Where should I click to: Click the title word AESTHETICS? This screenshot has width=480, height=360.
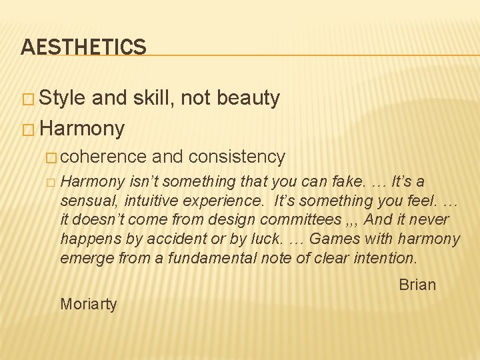click(x=83, y=46)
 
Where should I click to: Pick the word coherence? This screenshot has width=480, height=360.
click(x=103, y=157)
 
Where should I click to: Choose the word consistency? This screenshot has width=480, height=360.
click(x=237, y=157)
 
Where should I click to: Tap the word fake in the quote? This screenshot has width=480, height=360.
click(x=357, y=182)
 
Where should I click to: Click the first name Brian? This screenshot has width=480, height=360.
click(x=417, y=285)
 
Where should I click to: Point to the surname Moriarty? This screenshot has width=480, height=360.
click(x=88, y=304)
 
